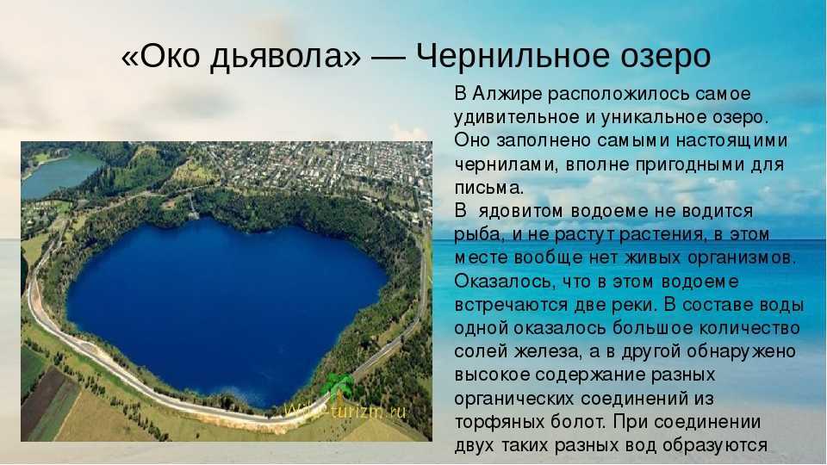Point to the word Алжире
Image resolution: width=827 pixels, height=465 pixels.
pos(507,94)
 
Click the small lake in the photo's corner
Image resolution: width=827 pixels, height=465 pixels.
pos(57,174)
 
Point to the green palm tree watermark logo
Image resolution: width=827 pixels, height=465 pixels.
pos(338,387)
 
